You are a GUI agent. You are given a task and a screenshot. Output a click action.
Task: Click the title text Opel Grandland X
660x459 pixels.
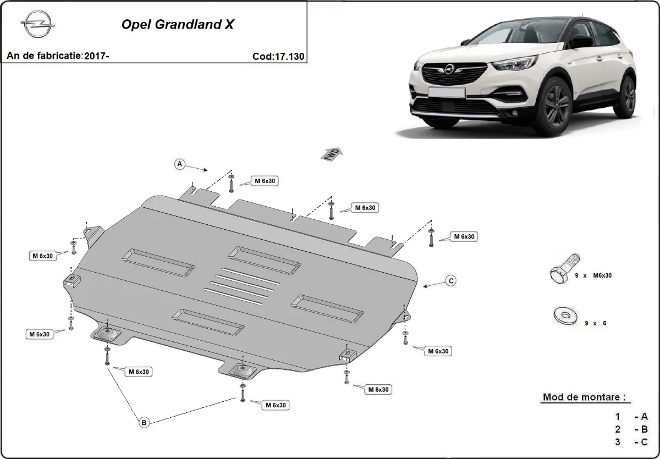(x=177, y=25)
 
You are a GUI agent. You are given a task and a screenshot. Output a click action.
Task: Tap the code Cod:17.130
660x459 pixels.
(x=278, y=56)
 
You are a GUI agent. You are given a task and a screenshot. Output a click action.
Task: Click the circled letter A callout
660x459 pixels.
(x=179, y=164)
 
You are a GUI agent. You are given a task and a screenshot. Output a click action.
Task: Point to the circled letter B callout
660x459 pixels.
(x=144, y=422)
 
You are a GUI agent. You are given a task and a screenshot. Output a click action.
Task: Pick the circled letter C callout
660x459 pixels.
(x=450, y=281)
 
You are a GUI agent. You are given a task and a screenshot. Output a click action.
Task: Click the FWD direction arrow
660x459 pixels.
(x=332, y=154)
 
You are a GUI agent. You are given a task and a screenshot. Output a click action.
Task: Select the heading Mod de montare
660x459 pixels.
(x=584, y=397)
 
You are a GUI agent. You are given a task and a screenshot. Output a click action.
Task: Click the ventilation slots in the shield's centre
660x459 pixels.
(x=240, y=286)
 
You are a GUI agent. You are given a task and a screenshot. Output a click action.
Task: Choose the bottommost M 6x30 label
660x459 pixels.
(x=275, y=405)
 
